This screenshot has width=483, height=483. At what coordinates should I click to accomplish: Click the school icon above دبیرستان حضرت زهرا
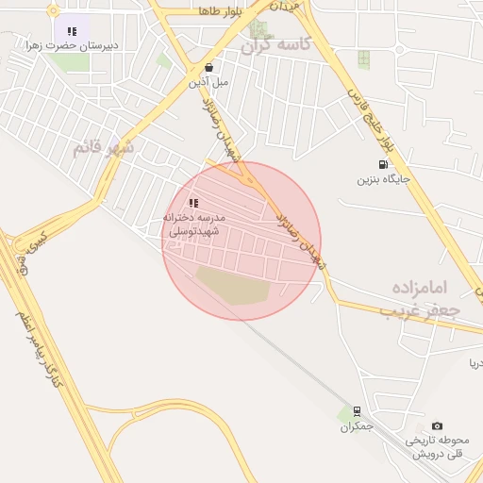pos(73,31)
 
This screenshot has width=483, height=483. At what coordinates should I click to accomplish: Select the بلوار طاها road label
pos(223,10)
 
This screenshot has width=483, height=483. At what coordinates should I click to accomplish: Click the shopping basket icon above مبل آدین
pos(208,67)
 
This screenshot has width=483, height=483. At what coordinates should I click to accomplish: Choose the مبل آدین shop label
pos(208,82)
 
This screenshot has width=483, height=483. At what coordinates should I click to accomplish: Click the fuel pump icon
pos(383,164)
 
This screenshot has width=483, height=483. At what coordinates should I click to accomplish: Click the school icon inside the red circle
pos(193,203)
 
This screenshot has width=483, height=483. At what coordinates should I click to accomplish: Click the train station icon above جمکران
pos(357,411)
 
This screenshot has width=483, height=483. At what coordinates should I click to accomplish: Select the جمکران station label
pos(358,427)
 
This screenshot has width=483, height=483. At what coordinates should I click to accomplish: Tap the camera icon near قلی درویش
pos(437,426)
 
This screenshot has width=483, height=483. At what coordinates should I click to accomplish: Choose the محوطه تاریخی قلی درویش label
pos(438,447)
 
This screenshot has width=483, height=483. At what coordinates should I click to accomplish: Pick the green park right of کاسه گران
pos(363,59)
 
